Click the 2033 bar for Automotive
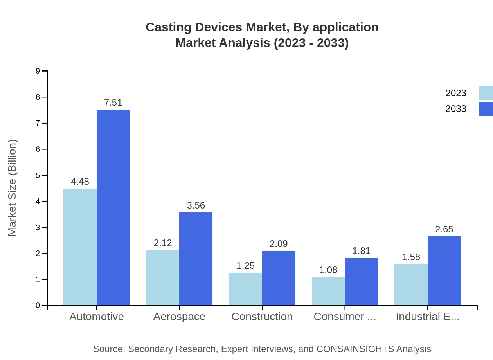(x=113, y=207)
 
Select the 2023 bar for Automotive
(x=80, y=247)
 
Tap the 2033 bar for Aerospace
(x=196, y=259)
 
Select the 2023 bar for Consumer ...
(x=328, y=291)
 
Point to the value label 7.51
(x=113, y=103)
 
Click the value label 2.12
(x=163, y=243)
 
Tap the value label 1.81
(x=361, y=251)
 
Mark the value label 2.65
(x=444, y=229)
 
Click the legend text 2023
(x=456, y=93)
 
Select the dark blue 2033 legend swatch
(x=486, y=109)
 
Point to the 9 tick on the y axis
(x=38, y=71)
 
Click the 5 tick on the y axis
(x=38, y=175)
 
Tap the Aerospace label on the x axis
(x=179, y=317)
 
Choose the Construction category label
(x=262, y=317)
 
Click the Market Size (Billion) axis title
(x=13, y=188)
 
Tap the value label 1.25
(x=245, y=266)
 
